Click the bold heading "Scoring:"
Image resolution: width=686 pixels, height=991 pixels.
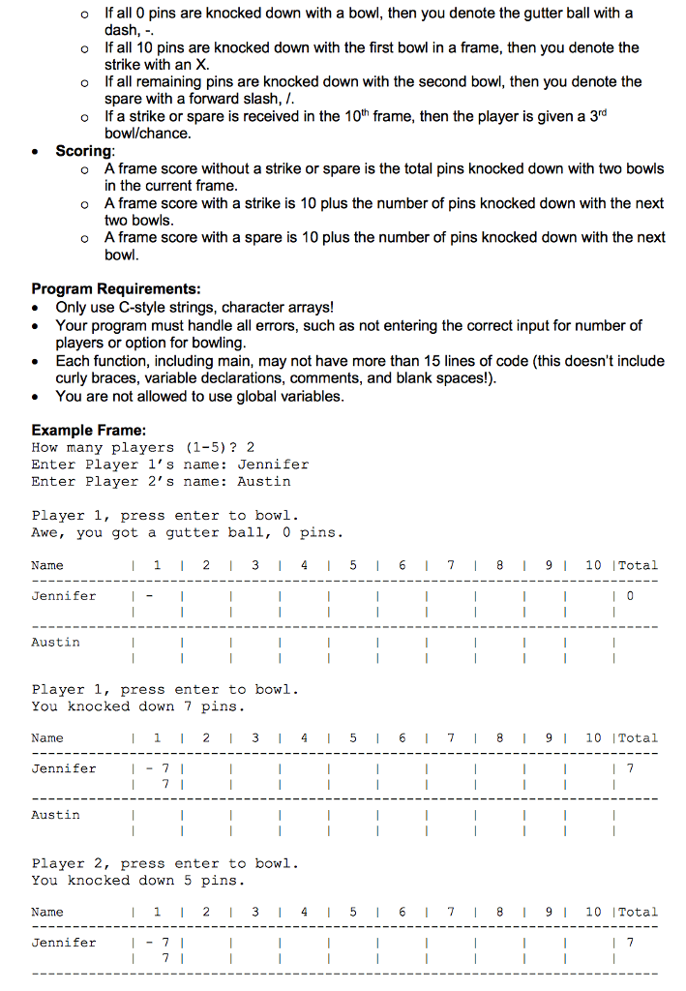tap(85, 151)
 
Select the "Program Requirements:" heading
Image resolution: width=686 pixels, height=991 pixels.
tap(116, 288)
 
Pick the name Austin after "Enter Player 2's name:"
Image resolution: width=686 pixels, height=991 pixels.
tap(264, 481)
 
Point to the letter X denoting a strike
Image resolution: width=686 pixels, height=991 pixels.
tap(202, 65)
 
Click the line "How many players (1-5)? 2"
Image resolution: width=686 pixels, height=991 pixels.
tap(143, 447)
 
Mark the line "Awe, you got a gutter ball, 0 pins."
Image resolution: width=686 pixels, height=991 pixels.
tap(187, 532)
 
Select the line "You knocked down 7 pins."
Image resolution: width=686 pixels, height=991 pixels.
tap(137, 706)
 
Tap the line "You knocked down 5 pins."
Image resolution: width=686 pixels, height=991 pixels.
tap(137, 880)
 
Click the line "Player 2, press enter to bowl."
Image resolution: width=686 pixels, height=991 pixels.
tap(164, 863)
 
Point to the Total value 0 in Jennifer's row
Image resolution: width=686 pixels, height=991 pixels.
tap(630, 596)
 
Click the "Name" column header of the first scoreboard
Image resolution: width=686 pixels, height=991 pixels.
tap(47, 565)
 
